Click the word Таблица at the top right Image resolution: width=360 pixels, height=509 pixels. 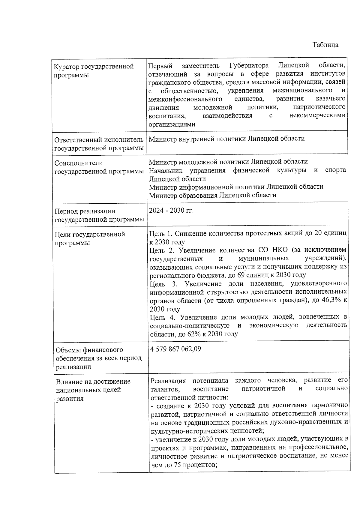pyautogui.click(x=325, y=45)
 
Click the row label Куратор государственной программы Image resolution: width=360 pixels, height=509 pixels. pyautogui.click(x=94, y=70)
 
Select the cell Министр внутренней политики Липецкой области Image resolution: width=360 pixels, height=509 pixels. pyautogui.click(x=227, y=139)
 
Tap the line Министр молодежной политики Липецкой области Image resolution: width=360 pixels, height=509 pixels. pyautogui.click(x=228, y=162)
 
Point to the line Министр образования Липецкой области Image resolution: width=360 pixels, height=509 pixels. pyautogui.click(x=213, y=195)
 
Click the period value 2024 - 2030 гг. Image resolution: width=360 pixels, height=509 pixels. pyautogui.click(x=171, y=211)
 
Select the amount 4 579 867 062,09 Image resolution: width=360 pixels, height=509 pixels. pyautogui.click(x=175, y=349)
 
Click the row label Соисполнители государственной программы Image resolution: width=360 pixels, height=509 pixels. pyautogui.click(x=99, y=167)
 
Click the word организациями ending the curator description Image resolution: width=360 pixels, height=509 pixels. pyautogui.click(x=172, y=124)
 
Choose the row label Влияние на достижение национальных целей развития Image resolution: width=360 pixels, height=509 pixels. pyautogui.click(x=93, y=390)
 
